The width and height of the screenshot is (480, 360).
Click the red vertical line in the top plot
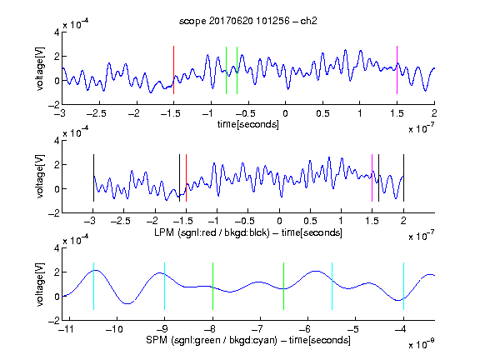click(x=173, y=70)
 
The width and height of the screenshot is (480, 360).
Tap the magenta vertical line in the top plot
click(x=397, y=70)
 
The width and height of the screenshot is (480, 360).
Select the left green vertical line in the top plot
click(x=226, y=70)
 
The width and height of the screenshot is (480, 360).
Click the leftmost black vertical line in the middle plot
click(x=93, y=177)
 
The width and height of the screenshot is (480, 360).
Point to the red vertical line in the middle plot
click(x=186, y=177)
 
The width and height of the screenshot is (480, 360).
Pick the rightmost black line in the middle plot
click(x=403, y=177)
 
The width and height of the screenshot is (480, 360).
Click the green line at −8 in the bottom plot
click(x=212, y=286)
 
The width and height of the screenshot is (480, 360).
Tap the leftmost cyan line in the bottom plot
click(x=93, y=286)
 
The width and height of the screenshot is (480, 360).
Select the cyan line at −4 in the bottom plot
click(x=403, y=286)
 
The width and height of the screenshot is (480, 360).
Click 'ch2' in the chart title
click(x=308, y=21)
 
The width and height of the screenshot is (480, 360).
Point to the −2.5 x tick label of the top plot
click(x=97, y=113)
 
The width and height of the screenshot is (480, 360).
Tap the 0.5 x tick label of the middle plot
click(x=310, y=221)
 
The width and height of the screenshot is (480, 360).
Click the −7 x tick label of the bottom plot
click(x=260, y=329)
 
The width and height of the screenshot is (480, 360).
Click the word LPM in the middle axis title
click(x=164, y=232)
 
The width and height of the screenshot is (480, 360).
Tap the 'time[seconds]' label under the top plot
click(x=248, y=124)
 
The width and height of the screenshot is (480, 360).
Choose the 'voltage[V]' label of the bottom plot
click(x=40, y=284)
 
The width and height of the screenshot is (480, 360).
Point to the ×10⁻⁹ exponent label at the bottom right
click(x=422, y=344)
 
